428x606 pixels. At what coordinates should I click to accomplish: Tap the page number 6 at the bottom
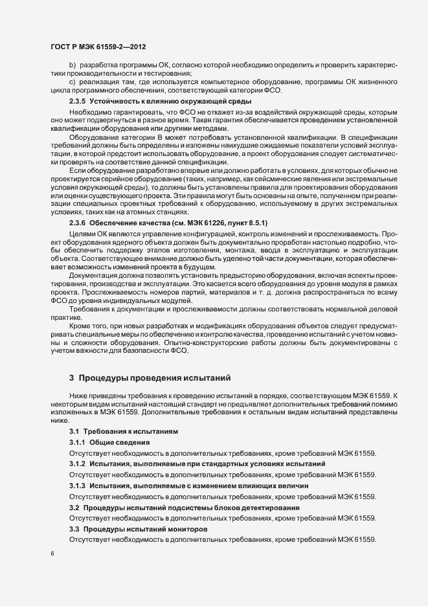pyautogui.click(x=52, y=554)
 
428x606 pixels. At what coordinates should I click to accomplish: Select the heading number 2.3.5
pyautogui.click(x=77, y=102)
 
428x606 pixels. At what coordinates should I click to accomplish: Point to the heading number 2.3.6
pyautogui.click(x=77, y=223)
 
